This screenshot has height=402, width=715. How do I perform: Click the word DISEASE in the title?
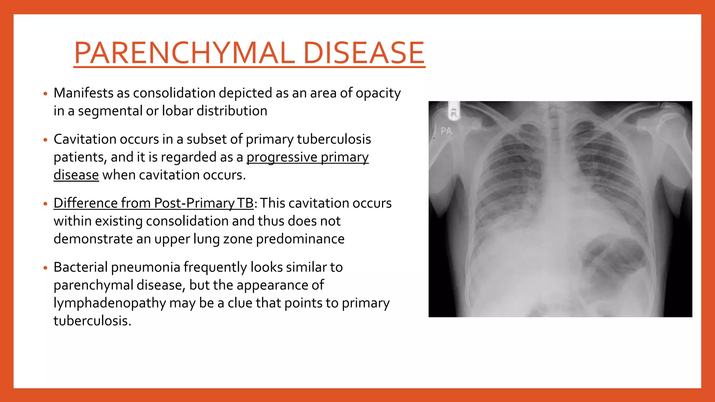(x=363, y=53)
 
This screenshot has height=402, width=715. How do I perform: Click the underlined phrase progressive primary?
(x=307, y=157)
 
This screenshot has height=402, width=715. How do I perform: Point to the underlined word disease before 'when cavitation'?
(x=76, y=175)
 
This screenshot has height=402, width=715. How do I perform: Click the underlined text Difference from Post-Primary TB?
(x=153, y=203)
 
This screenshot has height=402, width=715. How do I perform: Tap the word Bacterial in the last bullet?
(x=80, y=267)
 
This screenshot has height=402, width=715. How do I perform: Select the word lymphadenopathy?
(x=109, y=303)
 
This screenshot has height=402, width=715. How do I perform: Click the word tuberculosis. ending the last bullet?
(x=92, y=321)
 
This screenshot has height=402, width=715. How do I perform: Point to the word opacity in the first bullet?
(x=378, y=93)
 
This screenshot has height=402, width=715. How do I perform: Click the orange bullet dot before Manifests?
(x=45, y=94)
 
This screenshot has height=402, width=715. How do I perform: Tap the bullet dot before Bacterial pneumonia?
(x=45, y=268)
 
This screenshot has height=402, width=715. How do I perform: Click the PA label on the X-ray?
(x=446, y=132)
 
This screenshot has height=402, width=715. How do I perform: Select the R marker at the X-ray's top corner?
(x=454, y=113)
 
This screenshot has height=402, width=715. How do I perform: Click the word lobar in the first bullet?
(x=177, y=111)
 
